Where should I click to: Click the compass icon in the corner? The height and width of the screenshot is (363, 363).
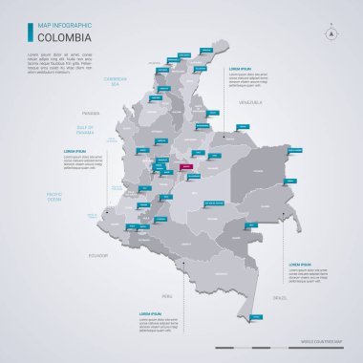pos(332,32)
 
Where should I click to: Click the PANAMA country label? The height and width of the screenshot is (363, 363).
pos(91,110)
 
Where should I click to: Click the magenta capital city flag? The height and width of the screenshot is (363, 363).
pos(187,166)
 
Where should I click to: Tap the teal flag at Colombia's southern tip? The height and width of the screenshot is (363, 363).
pos(254,315)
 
